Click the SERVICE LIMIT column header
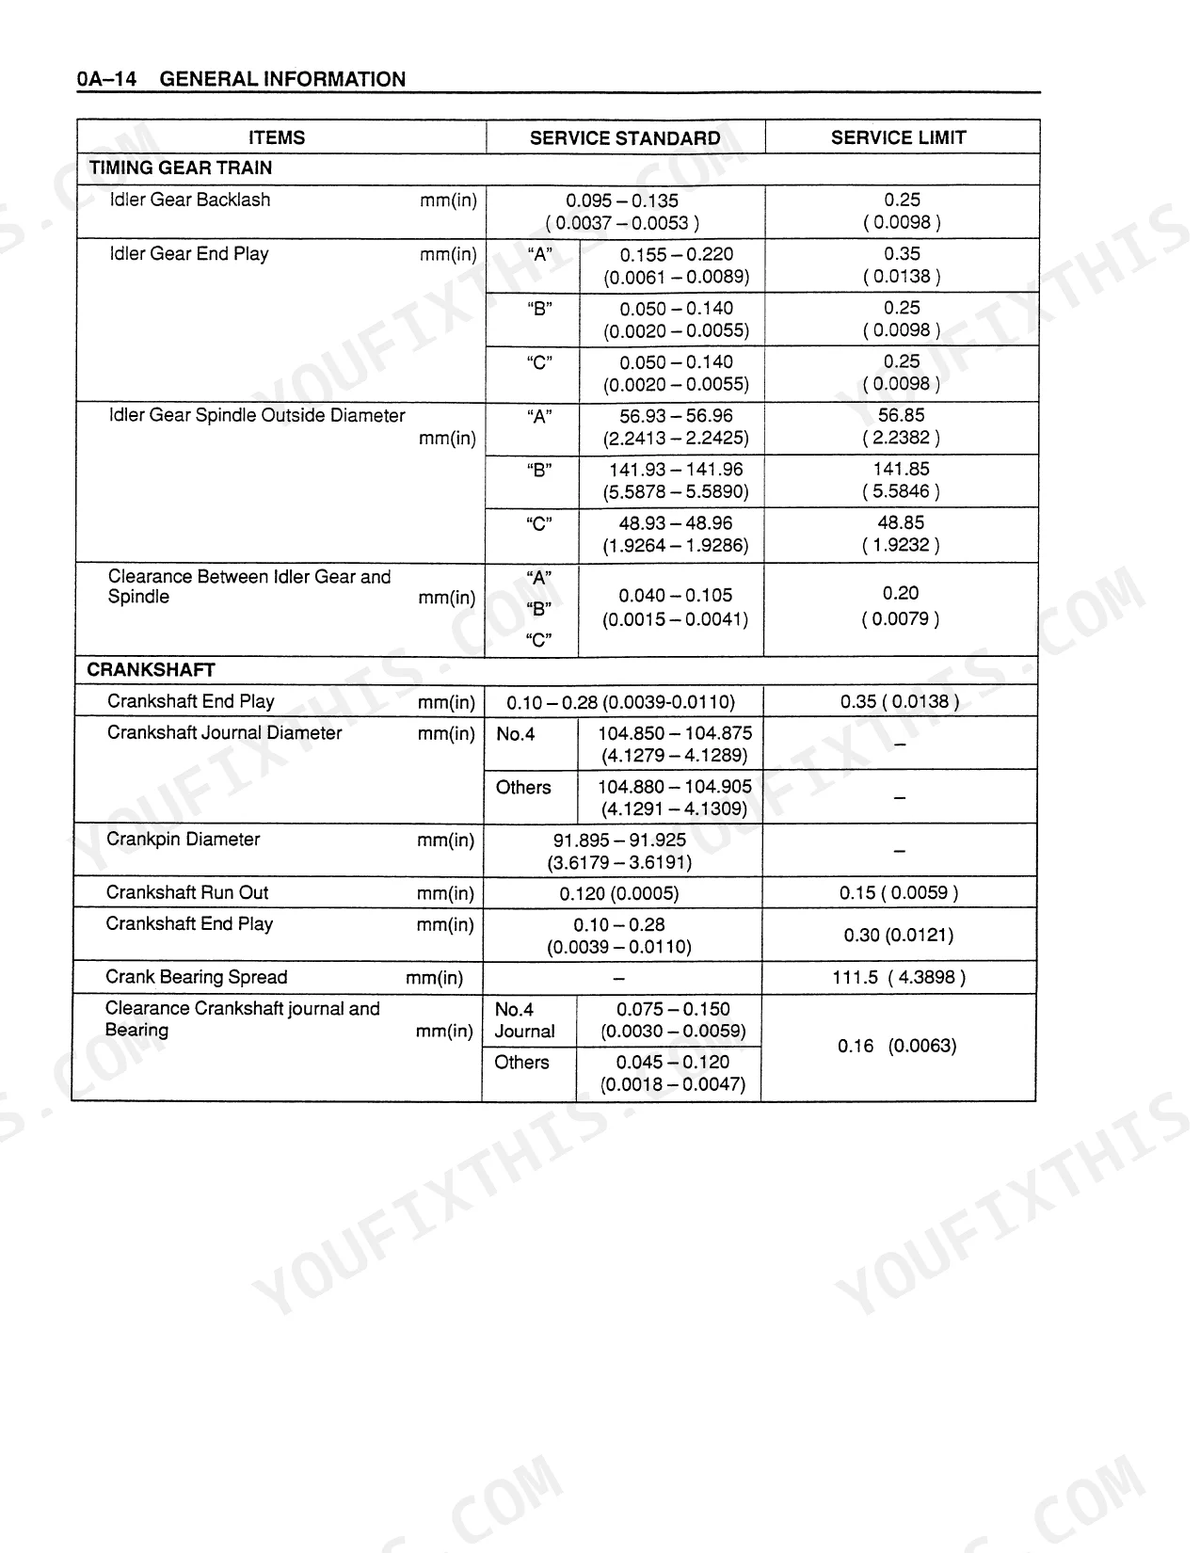pos(898,137)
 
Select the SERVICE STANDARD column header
pos(625,138)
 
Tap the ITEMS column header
pos(277,137)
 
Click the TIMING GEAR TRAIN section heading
pos(181,168)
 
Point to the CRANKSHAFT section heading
pos(152,670)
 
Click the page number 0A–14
pos(106,79)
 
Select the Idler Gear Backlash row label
pos(190,200)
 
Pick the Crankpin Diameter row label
pos(183,839)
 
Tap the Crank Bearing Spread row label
pos(196,977)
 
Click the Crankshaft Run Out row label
pos(187,892)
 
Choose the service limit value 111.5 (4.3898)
pos(899,977)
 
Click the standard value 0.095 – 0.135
pos(622,200)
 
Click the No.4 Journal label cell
pos(524,1020)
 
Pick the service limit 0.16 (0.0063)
pos(897,1046)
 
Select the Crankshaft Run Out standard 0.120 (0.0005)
pos(619,893)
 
